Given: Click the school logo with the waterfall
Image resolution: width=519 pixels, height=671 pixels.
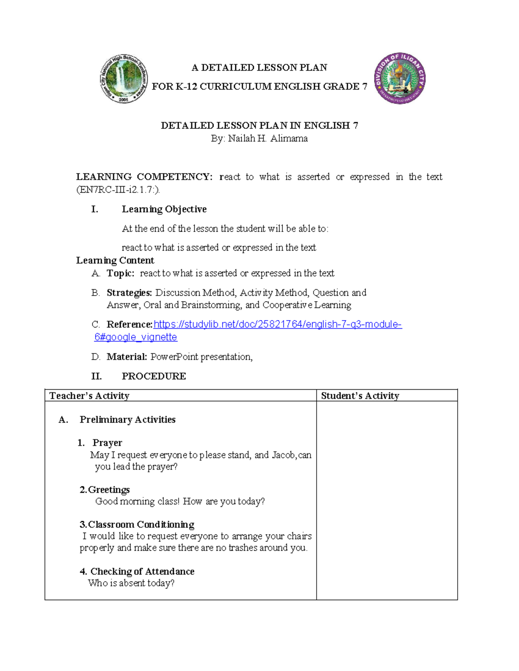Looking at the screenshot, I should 124,79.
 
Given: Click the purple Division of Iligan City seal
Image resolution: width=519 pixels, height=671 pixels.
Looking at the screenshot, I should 400,79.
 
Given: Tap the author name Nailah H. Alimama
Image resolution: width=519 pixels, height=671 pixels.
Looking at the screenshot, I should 268,139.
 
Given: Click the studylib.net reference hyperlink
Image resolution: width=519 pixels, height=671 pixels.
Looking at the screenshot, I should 277,324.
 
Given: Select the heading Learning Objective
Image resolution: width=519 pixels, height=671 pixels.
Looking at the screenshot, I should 164,209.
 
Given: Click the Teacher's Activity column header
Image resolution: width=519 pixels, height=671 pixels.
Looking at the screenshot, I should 89,396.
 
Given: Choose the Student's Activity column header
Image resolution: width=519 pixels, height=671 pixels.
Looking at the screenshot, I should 360,396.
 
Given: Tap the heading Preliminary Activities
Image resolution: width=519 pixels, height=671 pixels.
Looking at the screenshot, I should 127,420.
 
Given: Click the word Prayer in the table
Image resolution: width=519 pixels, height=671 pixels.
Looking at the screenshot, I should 107,443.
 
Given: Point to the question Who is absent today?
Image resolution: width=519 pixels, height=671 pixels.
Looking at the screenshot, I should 131,583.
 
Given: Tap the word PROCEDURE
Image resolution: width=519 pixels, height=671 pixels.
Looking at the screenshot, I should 154,376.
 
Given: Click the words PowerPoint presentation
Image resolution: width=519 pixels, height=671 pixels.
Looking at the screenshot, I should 201,357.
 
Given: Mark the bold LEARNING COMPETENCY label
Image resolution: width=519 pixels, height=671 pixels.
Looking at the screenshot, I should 144,177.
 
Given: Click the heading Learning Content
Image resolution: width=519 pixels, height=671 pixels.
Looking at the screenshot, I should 115,261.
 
